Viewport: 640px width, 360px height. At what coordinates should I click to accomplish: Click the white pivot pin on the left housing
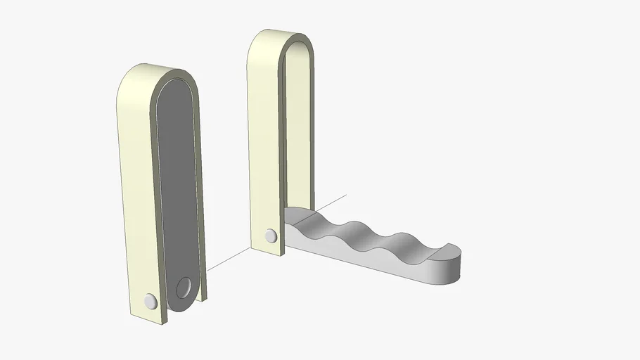[x=150, y=302]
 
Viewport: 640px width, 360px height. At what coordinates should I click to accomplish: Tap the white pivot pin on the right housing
[x=271, y=236]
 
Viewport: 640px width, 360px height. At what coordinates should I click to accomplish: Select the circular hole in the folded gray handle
[x=184, y=288]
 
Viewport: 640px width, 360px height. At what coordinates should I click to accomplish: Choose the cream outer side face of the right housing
[x=263, y=141]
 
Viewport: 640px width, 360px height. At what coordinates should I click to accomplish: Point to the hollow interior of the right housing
[x=298, y=127]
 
